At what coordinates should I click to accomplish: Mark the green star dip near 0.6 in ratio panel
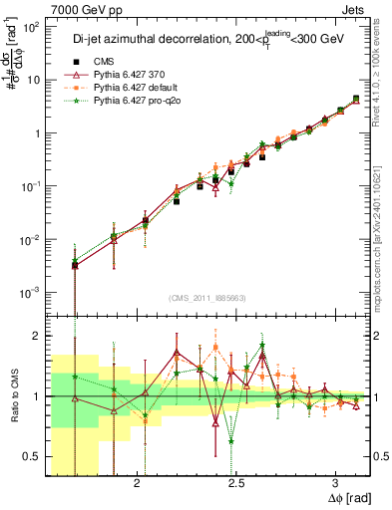[231, 441]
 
